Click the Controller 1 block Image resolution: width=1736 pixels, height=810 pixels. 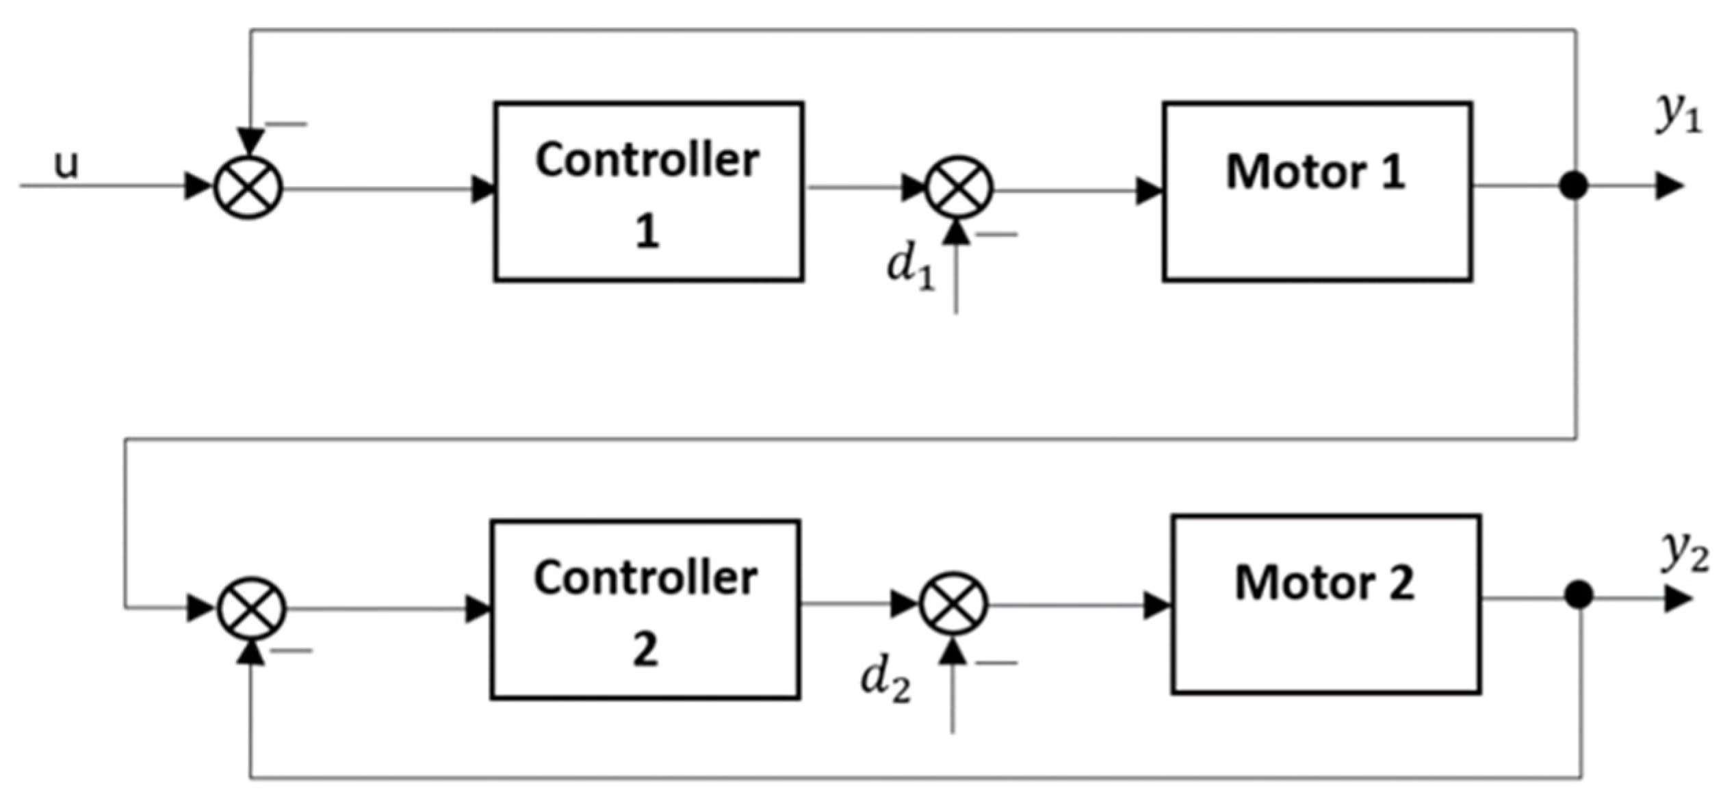tap(648, 192)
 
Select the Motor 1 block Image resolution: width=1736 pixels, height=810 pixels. tap(1317, 192)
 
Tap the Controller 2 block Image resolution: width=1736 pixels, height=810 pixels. tap(645, 610)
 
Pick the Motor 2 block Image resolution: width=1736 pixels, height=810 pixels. tap(1325, 604)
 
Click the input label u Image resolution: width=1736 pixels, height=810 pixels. tap(66, 165)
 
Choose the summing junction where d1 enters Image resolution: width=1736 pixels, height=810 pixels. tap(959, 187)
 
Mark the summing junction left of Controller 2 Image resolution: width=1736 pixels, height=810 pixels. tap(251, 608)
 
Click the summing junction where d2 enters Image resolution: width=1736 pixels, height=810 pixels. tap(953, 604)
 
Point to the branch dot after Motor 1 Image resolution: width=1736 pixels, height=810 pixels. tap(1573, 185)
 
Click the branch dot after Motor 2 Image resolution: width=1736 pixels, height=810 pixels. tap(1579, 594)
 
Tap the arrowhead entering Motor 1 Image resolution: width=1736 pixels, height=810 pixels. tap(1150, 191)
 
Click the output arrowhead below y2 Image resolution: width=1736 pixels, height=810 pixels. tap(1677, 599)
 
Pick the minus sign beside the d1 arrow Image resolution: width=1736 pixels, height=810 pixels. tap(996, 235)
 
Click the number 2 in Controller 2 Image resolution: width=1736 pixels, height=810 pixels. tap(645, 649)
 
